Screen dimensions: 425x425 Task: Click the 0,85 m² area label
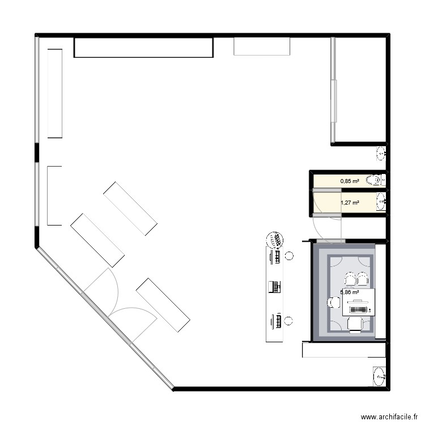coord(350,181)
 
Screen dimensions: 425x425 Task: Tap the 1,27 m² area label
coord(350,202)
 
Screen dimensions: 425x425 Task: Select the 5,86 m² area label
coord(350,292)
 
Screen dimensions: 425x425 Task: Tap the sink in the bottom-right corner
coord(379,376)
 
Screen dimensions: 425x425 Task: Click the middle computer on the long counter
coord(274,287)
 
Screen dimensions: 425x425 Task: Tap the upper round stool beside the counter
coord(290,256)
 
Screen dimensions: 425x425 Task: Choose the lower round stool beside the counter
coord(290,321)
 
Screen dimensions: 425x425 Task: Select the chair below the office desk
coord(355,324)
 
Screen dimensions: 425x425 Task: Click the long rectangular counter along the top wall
coord(143,48)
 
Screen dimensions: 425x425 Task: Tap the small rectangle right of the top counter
coord(262,46)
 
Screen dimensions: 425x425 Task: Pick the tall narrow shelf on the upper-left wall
coord(55,93)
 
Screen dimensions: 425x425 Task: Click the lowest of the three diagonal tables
coord(163,305)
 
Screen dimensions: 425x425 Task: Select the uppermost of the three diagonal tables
coord(130,209)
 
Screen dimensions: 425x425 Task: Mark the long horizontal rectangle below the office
coord(343,350)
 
